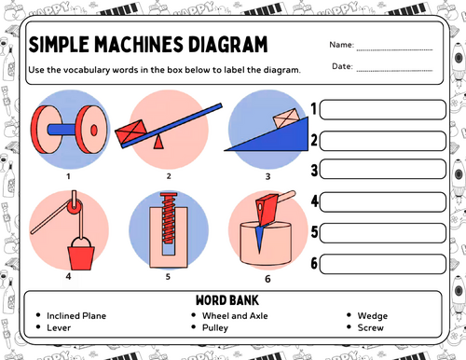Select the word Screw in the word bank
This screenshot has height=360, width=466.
click(370, 327)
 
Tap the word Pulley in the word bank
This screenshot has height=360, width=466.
click(215, 327)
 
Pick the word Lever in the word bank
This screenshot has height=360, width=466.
click(60, 327)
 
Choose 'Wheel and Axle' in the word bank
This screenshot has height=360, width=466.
click(234, 315)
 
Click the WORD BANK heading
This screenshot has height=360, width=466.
click(232, 301)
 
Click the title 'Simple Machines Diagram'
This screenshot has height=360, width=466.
click(148, 46)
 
